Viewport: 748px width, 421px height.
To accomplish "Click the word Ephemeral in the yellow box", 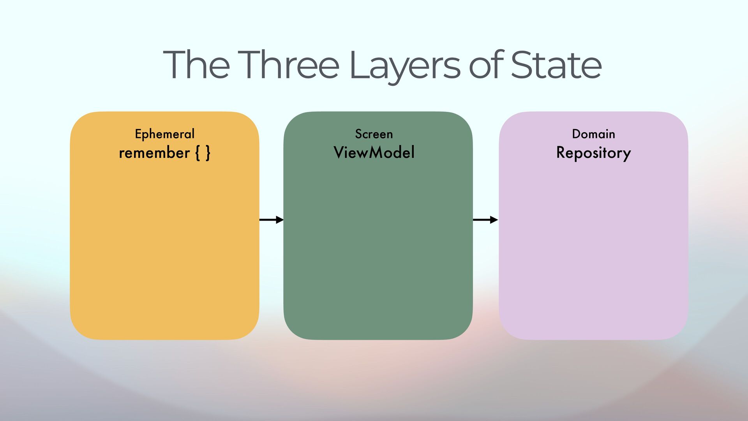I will [x=164, y=134].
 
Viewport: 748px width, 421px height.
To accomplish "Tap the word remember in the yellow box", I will [x=154, y=153].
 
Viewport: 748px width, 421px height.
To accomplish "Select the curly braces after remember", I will [x=203, y=153].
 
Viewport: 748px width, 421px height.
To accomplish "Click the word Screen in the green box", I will [x=374, y=134].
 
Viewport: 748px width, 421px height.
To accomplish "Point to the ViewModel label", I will [x=374, y=152].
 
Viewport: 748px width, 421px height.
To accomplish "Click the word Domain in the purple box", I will [x=593, y=134].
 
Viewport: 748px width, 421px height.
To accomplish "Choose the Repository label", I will [x=593, y=153].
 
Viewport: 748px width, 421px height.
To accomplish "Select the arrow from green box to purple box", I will [x=485, y=220].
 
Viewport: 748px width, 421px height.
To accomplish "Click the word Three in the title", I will [x=288, y=65].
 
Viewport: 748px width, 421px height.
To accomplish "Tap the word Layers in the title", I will [x=405, y=65].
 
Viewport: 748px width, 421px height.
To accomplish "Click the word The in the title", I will [x=196, y=65].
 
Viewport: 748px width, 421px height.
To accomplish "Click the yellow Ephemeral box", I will [x=164, y=242].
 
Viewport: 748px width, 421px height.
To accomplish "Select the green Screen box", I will [x=378, y=242].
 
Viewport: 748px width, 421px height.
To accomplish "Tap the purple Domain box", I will [x=593, y=242].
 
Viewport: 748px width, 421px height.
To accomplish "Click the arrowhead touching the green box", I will [x=280, y=220].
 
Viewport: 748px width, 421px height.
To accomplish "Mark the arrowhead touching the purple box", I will [x=494, y=220].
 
